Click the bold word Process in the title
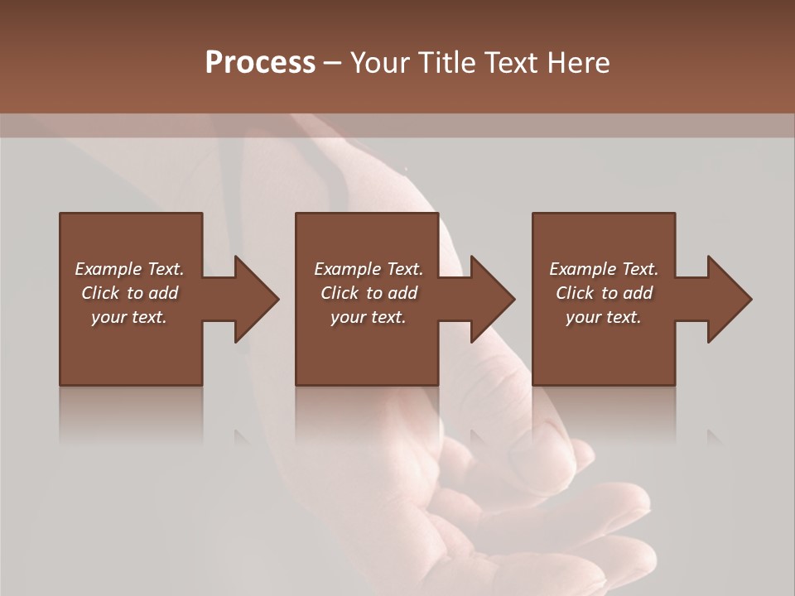pyautogui.click(x=260, y=63)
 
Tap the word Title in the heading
pyautogui.click(x=446, y=63)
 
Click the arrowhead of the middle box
pyautogui.click(x=492, y=299)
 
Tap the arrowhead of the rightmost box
pyautogui.click(x=729, y=299)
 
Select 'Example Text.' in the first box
pyautogui.click(x=129, y=269)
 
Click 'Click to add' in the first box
pyautogui.click(x=129, y=293)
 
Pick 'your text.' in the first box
pyautogui.click(x=129, y=317)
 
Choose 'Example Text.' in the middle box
pyautogui.click(x=368, y=269)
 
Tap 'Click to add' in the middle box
pyautogui.click(x=368, y=293)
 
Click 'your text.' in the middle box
pyautogui.click(x=368, y=317)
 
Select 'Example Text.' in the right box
pyautogui.click(x=604, y=269)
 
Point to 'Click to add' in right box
pyautogui.click(x=604, y=293)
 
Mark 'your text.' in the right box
pyautogui.click(x=604, y=317)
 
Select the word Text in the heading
pyautogui.click(x=513, y=63)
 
